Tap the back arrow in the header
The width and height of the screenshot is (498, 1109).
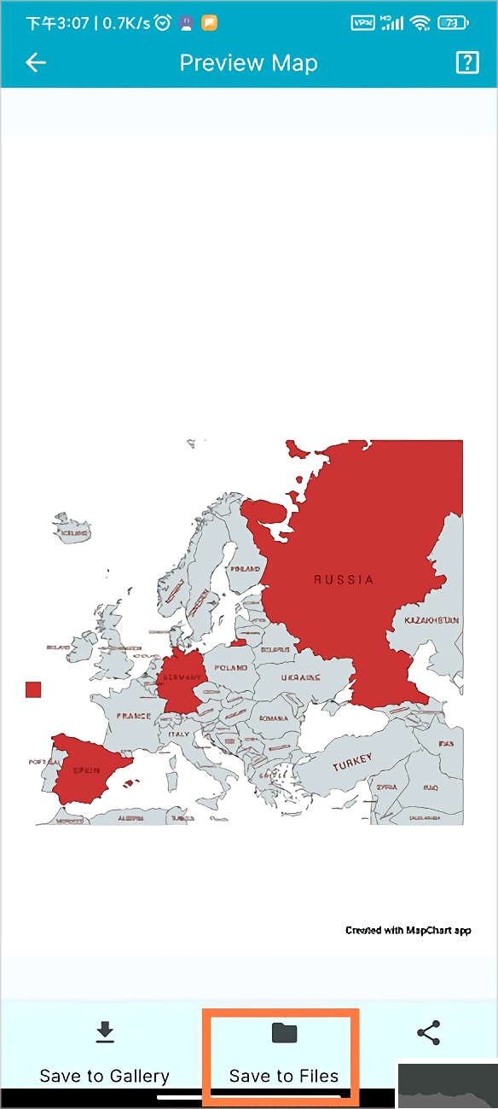coord(36,62)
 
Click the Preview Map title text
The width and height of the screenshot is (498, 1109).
coord(248,63)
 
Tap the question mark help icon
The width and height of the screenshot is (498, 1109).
coord(467,62)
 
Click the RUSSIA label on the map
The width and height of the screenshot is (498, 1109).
coord(344,580)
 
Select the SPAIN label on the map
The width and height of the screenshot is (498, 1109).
coord(85,769)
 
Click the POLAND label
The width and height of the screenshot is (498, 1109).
coord(230,668)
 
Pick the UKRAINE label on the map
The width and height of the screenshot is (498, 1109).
coord(301,677)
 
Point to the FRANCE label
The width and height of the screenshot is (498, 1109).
coord(134,716)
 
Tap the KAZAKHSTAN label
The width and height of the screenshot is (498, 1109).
coord(431,620)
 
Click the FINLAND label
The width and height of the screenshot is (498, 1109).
coord(246,568)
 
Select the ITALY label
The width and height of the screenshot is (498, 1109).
coord(179,734)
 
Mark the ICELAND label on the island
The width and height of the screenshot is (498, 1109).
coord(73,533)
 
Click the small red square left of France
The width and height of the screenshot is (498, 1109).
coord(33,689)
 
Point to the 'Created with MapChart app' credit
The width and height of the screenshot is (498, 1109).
coord(408,930)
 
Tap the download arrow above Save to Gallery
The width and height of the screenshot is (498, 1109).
coord(104,1033)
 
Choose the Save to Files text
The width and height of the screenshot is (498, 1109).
coord(284,1076)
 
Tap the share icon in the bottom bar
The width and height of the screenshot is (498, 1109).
coord(428,1034)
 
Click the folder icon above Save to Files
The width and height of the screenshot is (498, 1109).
coord(284,1033)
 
